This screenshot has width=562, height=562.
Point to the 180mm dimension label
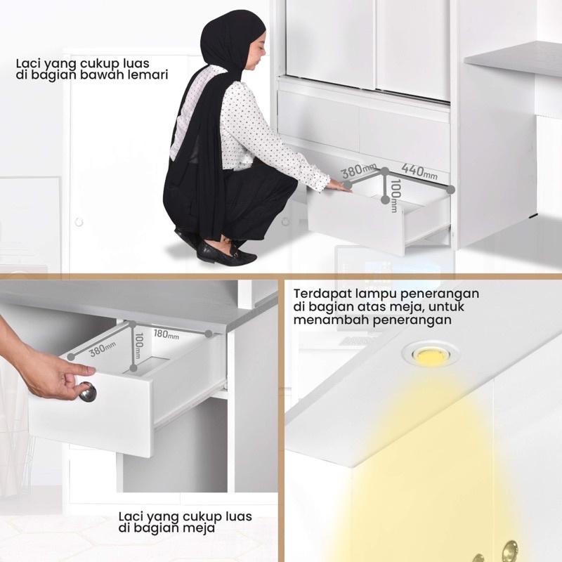[167, 334]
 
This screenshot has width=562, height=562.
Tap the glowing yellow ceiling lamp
[427, 355]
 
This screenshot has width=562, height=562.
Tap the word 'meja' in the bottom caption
[201, 528]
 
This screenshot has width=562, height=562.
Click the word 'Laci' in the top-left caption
[29, 63]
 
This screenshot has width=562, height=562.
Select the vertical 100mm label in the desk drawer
[138, 344]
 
